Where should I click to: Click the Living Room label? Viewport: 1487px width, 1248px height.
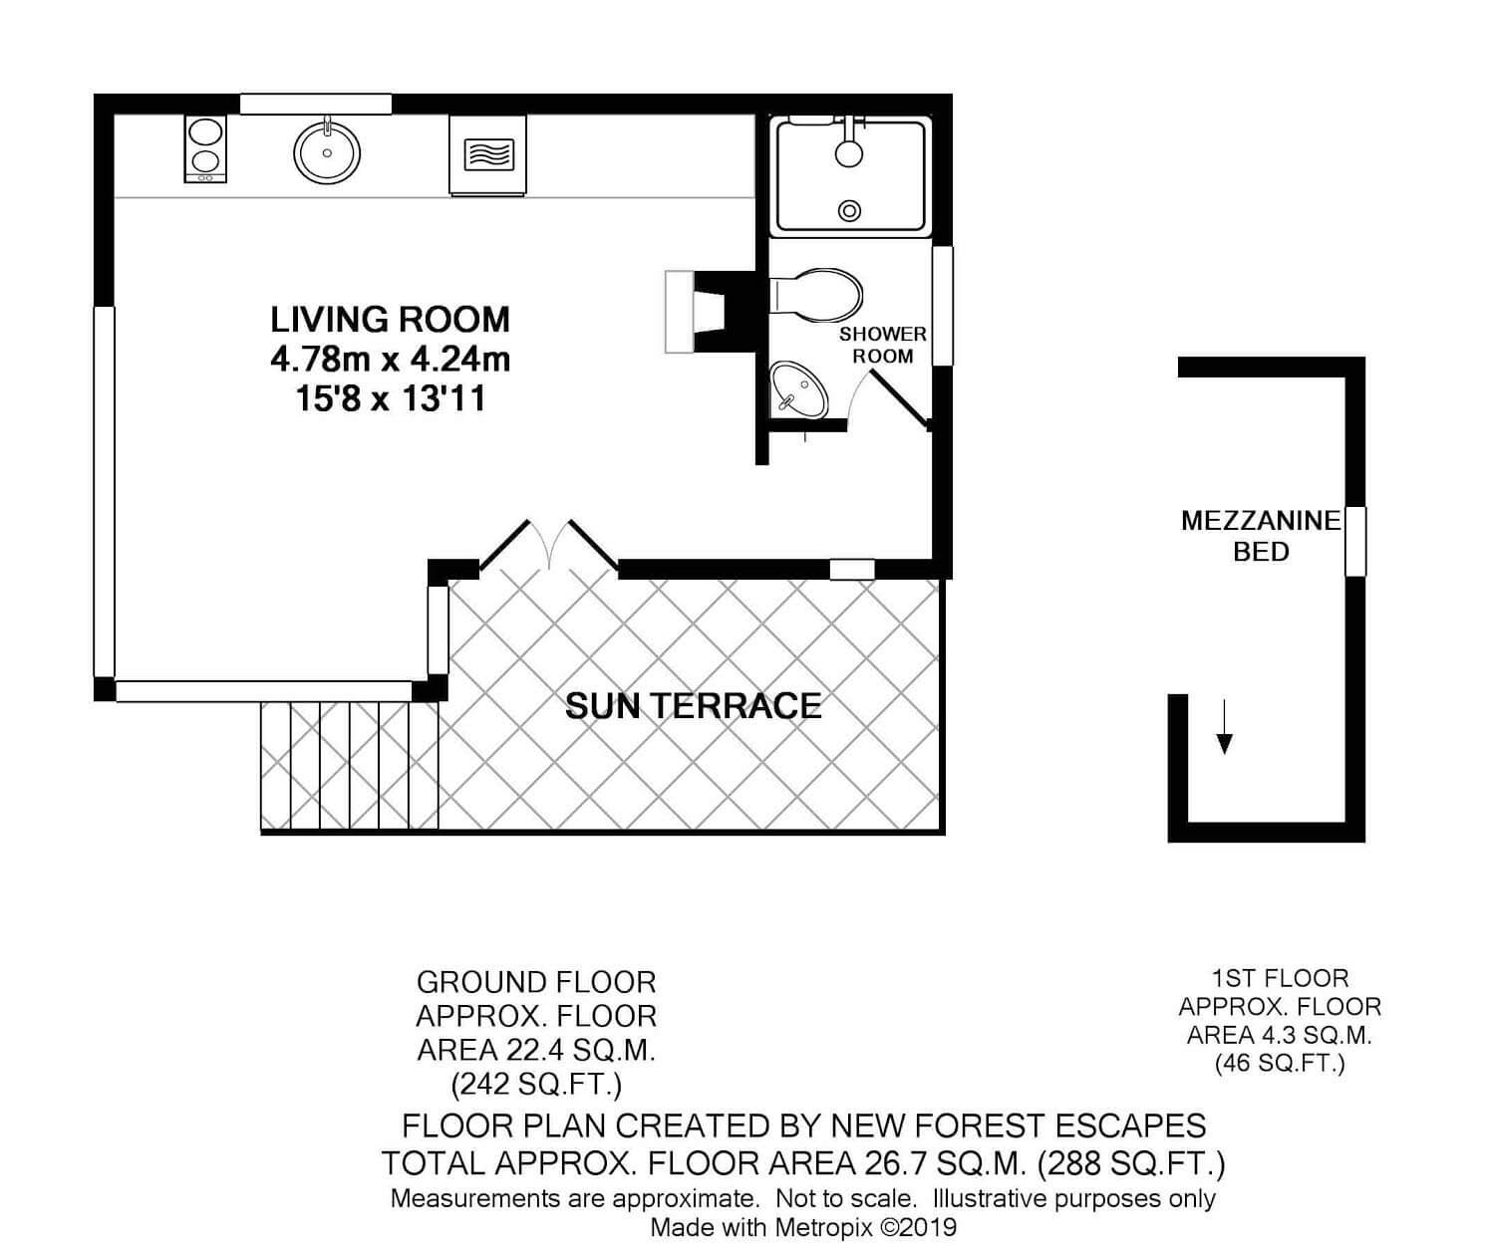click(x=390, y=320)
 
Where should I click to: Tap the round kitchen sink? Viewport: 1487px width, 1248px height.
click(x=327, y=152)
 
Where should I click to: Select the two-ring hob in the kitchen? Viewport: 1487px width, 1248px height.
click(x=205, y=148)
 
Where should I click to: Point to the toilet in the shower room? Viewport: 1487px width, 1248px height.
click(x=816, y=293)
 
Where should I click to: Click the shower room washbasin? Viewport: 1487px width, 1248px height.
click(x=798, y=389)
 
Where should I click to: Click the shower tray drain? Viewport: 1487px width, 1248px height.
click(x=849, y=211)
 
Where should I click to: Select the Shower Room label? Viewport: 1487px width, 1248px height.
click(x=883, y=345)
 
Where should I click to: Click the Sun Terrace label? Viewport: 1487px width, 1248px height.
click(x=693, y=705)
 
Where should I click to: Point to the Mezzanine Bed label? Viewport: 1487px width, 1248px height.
click(x=1261, y=536)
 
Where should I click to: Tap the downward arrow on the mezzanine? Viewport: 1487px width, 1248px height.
click(x=1224, y=726)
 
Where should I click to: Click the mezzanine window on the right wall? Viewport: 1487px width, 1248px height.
click(x=1355, y=542)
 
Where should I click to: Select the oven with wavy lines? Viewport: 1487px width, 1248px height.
click(x=487, y=154)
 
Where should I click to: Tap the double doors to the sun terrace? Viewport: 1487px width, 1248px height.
click(x=549, y=546)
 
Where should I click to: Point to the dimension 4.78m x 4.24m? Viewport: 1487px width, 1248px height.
click(x=391, y=360)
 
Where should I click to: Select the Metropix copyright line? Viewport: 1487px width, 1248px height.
click(x=803, y=1228)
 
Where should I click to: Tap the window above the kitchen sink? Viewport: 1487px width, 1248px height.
click(x=316, y=104)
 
